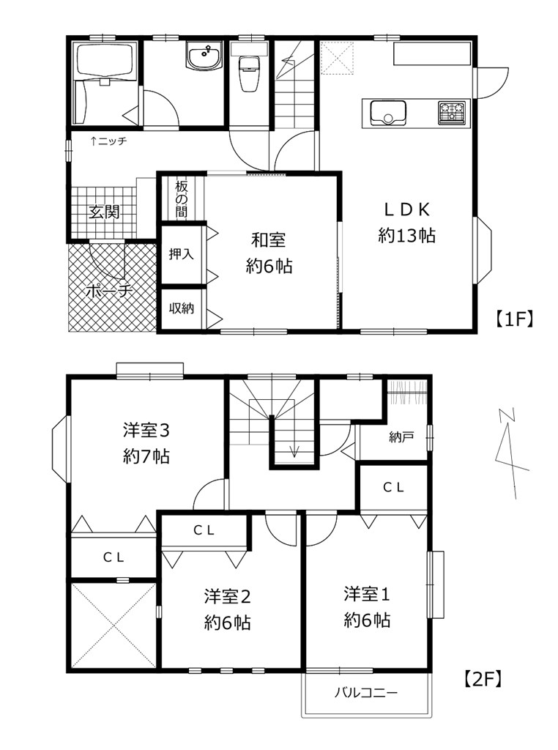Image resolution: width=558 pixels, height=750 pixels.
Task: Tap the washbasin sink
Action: pyautogui.click(x=204, y=56)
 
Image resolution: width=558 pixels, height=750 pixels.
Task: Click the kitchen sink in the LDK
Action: pyautogui.click(x=388, y=113)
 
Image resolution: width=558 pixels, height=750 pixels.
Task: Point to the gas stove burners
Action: pyautogui.click(x=452, y=113)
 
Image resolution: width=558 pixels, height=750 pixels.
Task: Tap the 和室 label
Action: pyautogui.click(x=269, y=240)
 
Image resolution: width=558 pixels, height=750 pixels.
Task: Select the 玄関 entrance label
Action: pyautogui.click(x=104, y=212)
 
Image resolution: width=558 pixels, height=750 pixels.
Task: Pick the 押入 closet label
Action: pyautogui.click(x=181, y=254)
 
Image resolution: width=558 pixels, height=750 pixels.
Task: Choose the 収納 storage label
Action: pyautogui.click(x=181, y=308)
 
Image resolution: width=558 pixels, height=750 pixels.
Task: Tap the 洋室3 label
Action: pyautogui.click(x=146, y=431)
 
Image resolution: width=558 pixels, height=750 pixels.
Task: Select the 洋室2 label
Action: pyautogui.click(x=227, y=596)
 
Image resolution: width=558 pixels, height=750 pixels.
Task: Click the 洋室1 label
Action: pyautogui.click(x=367, y=594)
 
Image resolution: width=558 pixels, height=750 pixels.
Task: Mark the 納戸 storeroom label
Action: pyautogui.click(x=401, y=437)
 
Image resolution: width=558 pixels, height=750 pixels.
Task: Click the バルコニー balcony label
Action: pyautogui.click(x=366, y=693)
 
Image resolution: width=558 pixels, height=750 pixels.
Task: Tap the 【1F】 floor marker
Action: pyautogui.click(x=513, y=319)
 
